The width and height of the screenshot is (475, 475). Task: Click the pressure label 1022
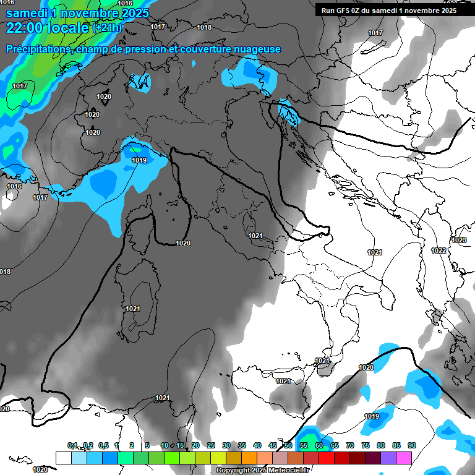point(439,250)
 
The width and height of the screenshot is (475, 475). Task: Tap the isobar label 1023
point(459,240)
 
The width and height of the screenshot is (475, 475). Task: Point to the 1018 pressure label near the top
point(203,27)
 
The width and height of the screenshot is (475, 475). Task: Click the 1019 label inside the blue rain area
point(139,160)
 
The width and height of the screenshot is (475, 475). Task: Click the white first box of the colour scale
point(63,458)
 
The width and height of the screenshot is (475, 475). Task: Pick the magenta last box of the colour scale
point(404,458)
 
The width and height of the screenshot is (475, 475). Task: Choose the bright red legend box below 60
point(327,458)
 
